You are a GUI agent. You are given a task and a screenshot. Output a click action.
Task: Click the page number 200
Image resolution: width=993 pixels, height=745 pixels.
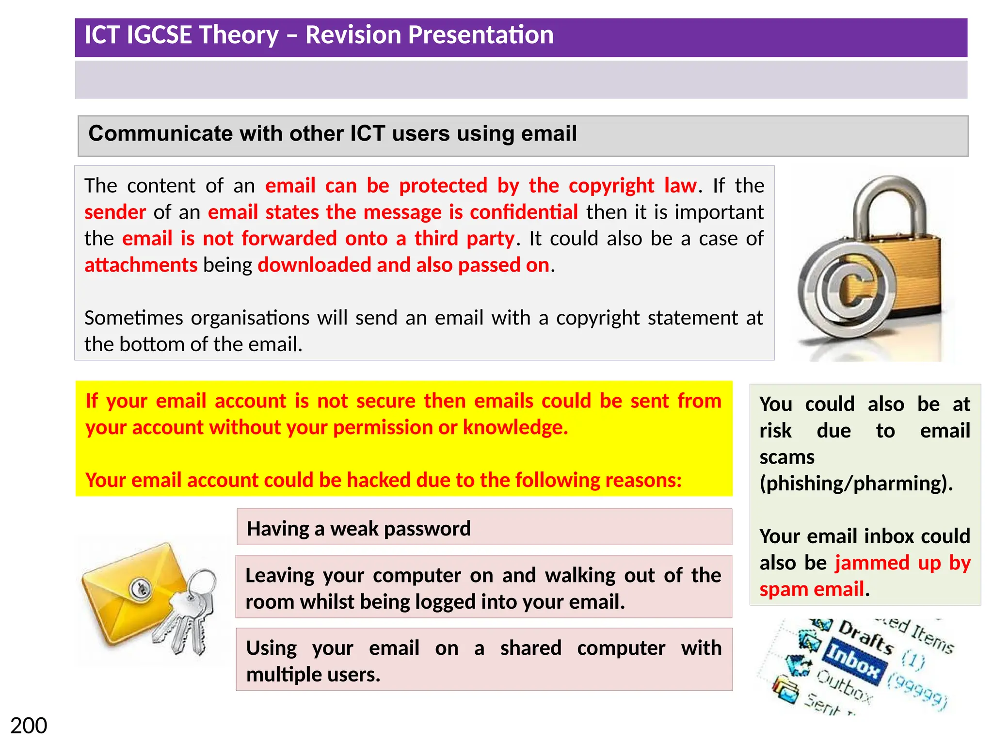29,726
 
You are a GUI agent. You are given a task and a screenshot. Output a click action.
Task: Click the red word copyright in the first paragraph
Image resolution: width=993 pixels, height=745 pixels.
611,186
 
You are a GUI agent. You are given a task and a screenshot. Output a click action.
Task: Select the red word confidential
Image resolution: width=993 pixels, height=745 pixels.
524,212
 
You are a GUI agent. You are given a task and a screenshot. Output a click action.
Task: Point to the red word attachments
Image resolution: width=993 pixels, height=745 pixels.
141,265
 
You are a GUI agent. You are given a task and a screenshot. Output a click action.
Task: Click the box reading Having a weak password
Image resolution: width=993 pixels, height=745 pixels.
484,528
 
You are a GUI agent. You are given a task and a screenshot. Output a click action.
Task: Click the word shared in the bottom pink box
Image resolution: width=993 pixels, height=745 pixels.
530,648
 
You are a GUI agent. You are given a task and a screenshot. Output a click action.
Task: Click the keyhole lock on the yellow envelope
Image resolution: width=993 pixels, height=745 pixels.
141,589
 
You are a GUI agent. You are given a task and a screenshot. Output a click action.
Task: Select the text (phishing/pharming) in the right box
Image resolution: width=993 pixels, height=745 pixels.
856,484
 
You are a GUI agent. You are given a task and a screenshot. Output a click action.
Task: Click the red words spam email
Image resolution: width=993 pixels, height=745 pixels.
812,589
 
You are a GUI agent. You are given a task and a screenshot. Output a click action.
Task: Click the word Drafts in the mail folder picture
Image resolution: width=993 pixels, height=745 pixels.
866,636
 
